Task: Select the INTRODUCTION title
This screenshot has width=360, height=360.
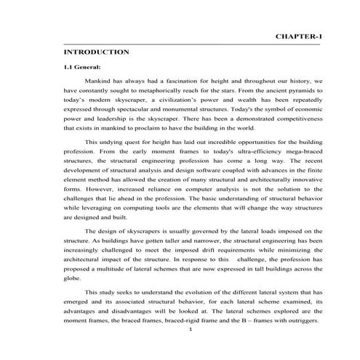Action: coord(97,52)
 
